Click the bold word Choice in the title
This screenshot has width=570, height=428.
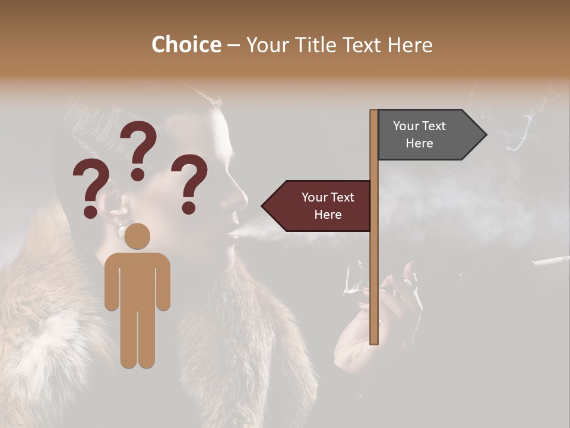pyautogui.click(x=186, y=45)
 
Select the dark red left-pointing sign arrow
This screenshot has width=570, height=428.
pyautogui.click(x=318, y=206)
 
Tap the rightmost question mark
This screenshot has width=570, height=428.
pyautogui.click(x=189, y=183)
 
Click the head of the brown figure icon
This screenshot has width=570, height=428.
pyautogui.click(x=137, y=236)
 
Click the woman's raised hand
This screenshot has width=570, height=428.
pyautogui.click(x=392, y=309)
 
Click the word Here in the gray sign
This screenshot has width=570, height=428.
pyautogui.click(x=419, y=143)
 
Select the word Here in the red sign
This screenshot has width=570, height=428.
pyautogui.click(x=328, y=215)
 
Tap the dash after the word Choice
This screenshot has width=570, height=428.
pyautogui.click(x=233, y=46)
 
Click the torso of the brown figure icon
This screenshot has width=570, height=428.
pyautogui.click(x=137, y=279)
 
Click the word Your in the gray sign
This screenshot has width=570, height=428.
pyautogui.click(x=406, y=126)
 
